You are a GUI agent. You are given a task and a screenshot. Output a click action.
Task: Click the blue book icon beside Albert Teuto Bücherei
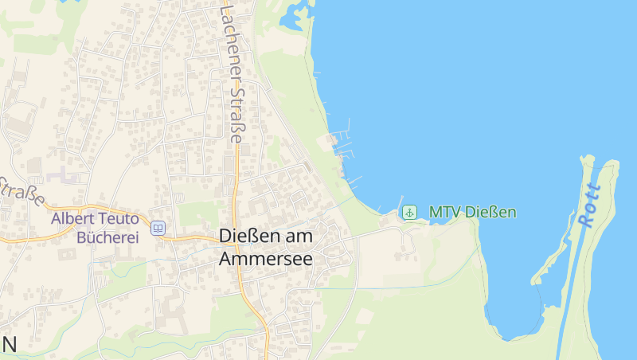(158, 229)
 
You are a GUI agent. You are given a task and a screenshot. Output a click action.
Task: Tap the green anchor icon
(409, 212)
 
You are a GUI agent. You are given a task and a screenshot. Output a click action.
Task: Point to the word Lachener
(228, 36)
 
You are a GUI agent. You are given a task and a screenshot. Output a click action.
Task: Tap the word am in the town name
(299, 237)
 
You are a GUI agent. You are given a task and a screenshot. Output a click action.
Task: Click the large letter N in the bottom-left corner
(9, 345)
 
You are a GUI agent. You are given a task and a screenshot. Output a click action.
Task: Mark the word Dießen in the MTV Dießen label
(490, 213)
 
